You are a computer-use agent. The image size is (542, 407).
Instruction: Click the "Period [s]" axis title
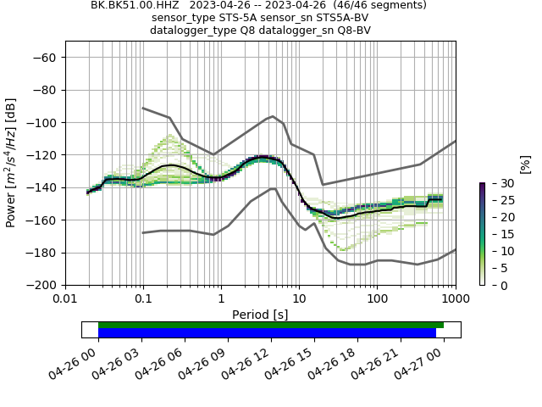[x=260, y=315]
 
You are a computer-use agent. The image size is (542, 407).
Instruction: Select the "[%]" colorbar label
[x=525, y=164]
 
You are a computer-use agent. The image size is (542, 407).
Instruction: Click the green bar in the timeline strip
[x=271, y=325]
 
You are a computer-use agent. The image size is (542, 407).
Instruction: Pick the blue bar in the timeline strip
[x=267, y=333]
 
